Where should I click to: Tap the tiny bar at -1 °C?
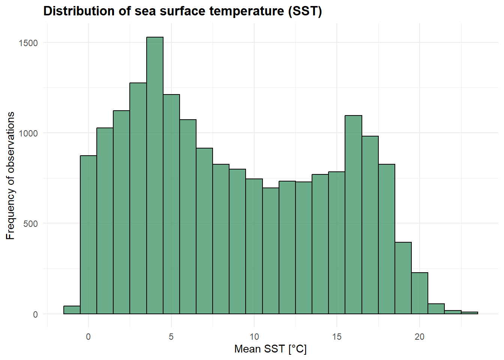pyautogui.click(x=72, y=310)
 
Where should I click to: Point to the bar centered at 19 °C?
pyautogui.click(x=403, y=278)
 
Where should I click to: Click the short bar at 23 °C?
pyautogui.click(x=469, y=313)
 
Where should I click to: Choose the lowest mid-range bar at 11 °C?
pyautogui.click(x=271, y=251)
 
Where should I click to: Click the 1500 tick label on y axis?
pyautogui.click(x=28, y=43)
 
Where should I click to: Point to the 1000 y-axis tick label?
pyautogui.click(x=28, y=133)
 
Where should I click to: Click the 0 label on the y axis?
pyautogui.click(x=36, y=315)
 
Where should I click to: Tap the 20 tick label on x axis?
pyautogui.click(x=420, y=337)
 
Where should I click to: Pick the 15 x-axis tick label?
pyautogui.click(x=337, y=337)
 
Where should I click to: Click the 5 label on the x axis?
pyautogui.click(x=171, y=337)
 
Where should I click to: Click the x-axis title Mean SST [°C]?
pyautogui.click(x=270, y=349)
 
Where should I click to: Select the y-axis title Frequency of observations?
pyautogui.click(x=10, y=175)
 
